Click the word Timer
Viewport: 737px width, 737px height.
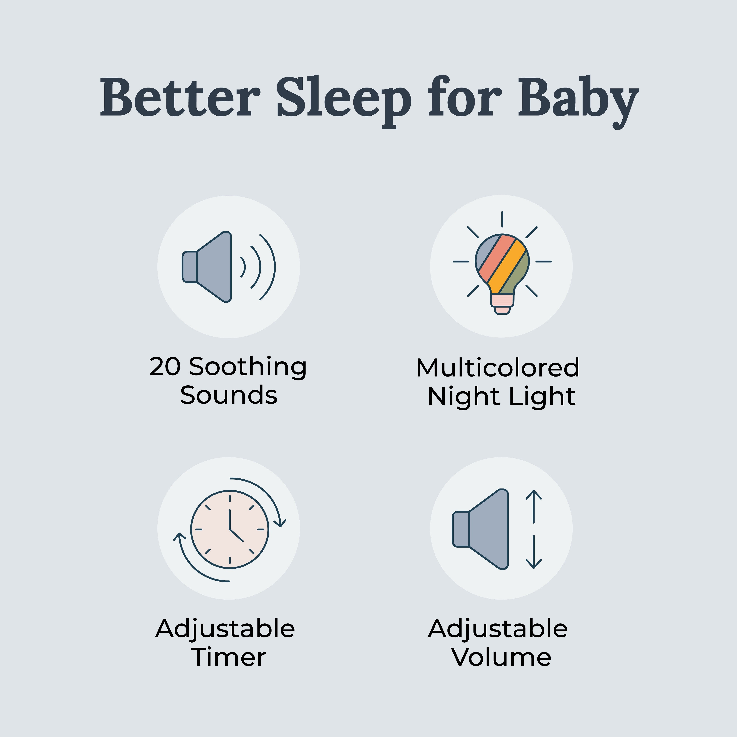tap(229, 658)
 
